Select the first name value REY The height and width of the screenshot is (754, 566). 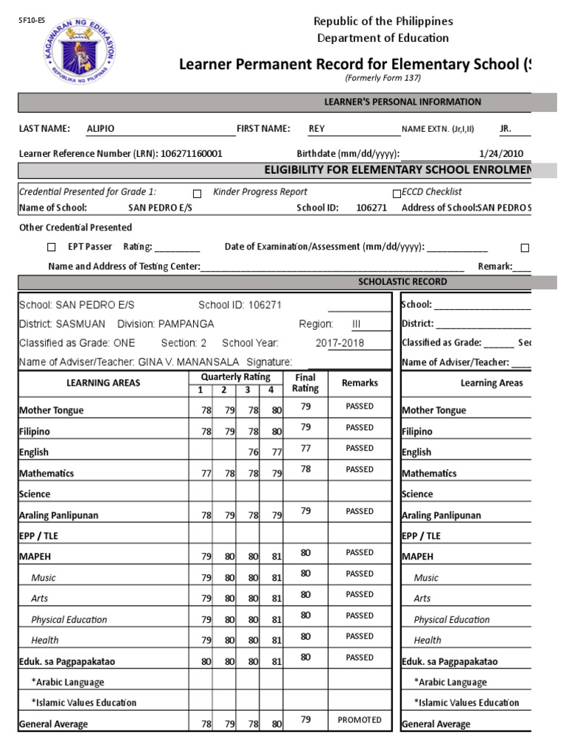click(316, 128)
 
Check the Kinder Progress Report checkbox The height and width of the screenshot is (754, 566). click(197, 193)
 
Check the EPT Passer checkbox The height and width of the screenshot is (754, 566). click(51, 247)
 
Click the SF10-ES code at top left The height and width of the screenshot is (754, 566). click(27, 21)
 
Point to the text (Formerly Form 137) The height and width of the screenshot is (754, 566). click(382, 79)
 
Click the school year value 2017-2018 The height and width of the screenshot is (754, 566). click(340, 343)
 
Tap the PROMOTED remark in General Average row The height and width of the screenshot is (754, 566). click(360, 720)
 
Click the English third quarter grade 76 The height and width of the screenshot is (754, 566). click(253, 453)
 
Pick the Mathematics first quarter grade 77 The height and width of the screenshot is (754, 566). click(206, 473)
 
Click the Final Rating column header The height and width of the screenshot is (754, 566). click(305, 383)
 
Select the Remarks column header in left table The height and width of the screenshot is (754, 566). click(360, 383)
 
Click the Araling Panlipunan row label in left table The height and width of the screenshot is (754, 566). click(58, 515)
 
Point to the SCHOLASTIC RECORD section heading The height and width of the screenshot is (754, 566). click(402, 282)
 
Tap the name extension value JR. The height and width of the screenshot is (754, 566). click(506, 128)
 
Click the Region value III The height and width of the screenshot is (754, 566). click(356, 324)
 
